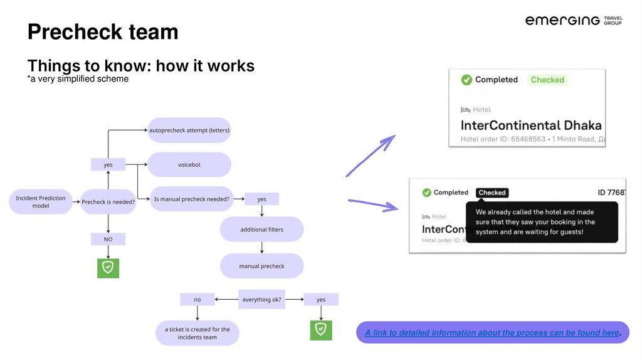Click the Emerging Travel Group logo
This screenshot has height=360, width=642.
click(x=573, y=21)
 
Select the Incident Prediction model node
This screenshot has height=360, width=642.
click(x=41, y=202)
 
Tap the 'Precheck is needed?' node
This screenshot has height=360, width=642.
click(x=108, y=202)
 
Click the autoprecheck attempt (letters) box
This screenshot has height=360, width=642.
click(x=189, y=130)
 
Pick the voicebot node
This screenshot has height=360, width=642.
click(x=189, y=165)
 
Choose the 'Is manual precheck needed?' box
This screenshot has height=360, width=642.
click(x=192, y=199)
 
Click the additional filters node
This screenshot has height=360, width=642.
click(x=261, y=230)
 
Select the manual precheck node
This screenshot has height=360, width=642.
click(x=261, y=266)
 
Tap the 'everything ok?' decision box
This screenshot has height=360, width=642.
click(x=262, y=300)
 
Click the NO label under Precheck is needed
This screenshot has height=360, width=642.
click(x=108, y=239)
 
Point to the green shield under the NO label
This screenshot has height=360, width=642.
click(x=108, y=268)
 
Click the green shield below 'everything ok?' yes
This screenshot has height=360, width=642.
click(x=321, y=329)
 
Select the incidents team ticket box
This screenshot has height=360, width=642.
click(x=197, y=333)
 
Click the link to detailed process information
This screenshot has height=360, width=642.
click(x=492, y=333)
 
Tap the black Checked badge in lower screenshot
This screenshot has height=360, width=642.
click(x=492, y=193)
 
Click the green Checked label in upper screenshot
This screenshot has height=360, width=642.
click(x=547, y=80)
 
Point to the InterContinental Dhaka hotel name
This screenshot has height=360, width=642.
click(x=531, y=125)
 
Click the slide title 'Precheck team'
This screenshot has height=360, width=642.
click(x=103, y=31)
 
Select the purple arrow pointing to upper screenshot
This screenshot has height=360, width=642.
click(x=371, y=155)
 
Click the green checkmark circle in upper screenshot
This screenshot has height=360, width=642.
click(x=466, y=80)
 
